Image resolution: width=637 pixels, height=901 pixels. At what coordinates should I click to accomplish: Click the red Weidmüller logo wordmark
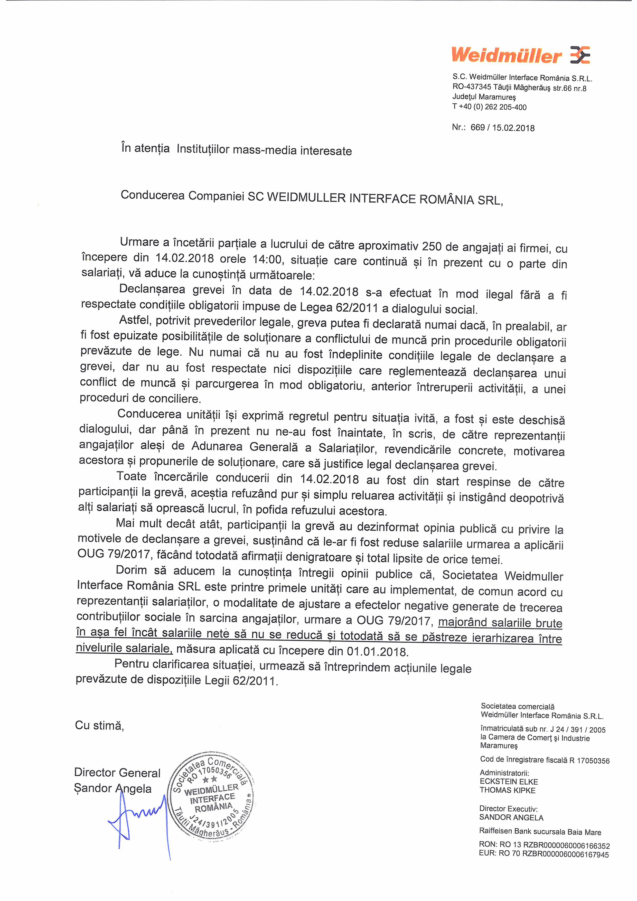(506, 55)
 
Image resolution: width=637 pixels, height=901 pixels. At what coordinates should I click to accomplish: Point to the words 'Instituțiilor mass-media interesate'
(264, 150)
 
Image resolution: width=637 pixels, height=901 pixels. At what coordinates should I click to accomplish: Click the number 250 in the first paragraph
(432, 247)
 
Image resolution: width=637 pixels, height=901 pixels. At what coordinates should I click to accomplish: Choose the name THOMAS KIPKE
(507, 790)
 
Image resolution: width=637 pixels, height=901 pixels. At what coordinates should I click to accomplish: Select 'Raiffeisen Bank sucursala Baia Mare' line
(540, 832)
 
